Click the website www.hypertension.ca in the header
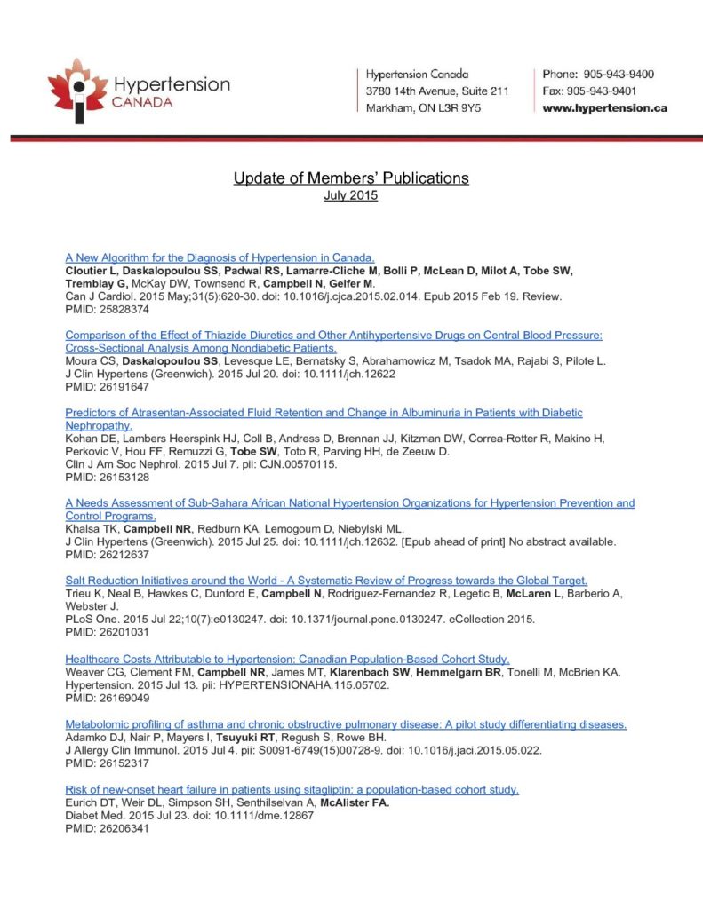[604, 108]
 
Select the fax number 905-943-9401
[592, 91]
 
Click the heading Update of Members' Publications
[351, 178]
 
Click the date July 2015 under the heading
[351, 195]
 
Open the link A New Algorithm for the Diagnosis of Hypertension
[220, 258]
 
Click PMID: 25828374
[107, 310]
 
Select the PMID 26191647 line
[107, 387]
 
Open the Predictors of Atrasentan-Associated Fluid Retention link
[324, 413]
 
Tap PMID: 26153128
[107, 478]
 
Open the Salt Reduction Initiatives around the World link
[326, 581]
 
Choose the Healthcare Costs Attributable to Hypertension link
[287, 659]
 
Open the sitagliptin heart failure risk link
[292, 789]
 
